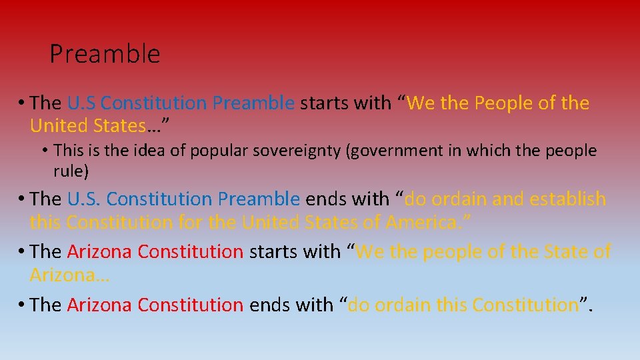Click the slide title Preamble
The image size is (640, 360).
tap(105, 54)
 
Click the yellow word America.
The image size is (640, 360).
tap(427, 221)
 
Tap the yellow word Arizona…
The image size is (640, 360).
tap(69, 274)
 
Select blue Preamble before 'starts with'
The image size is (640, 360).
tap(253, 103)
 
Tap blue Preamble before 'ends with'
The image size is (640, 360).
tap(259, 199)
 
